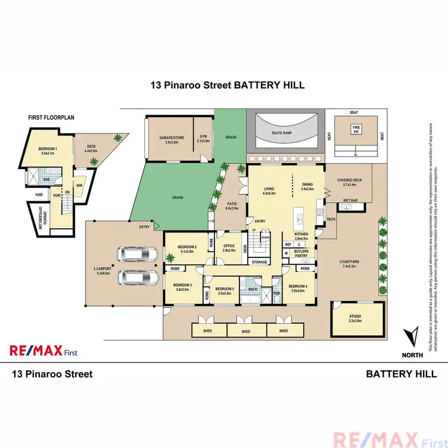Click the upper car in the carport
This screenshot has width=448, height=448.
point(139,255)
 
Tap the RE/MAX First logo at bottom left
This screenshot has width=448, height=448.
point(43,351)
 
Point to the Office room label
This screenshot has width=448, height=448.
point(229,247)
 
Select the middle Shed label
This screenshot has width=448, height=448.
point(246,330)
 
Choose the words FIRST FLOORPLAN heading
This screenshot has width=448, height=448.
point(51,118)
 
